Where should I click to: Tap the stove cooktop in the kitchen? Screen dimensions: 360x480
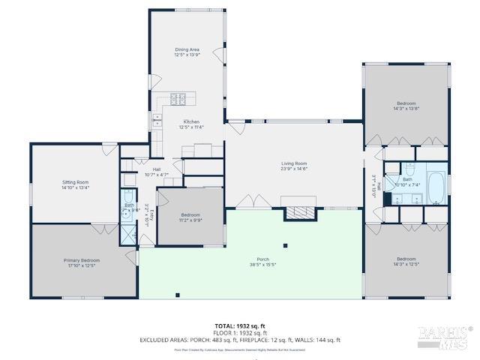click(x=178, y=97)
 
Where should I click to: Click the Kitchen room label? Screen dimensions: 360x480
click(x=191, y=121)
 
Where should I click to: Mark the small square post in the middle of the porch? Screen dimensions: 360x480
click(x=285, y=245)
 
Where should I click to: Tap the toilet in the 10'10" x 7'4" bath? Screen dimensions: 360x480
click(x=409, y=168)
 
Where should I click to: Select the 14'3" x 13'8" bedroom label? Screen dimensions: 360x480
click(x=406, y=106)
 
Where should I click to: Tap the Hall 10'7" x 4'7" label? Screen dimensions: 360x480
click(x=157, y=172)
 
